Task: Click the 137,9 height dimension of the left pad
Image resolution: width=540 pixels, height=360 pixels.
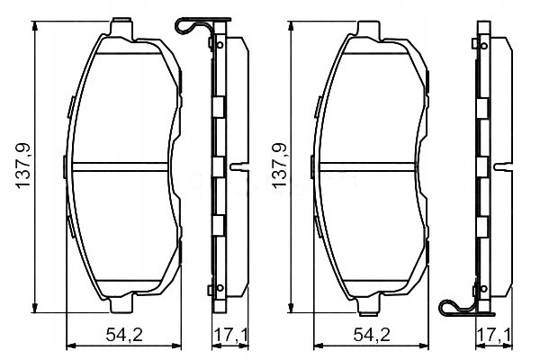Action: point(23,166)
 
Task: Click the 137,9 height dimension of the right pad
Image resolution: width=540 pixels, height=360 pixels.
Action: point(279,166)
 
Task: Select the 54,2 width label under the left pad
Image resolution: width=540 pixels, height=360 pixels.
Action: point(124,335)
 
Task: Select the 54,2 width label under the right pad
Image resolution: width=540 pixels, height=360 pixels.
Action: point(372,335)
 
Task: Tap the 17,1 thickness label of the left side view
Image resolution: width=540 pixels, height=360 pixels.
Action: point(231,335)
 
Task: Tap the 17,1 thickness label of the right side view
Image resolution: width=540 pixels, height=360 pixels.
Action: point(495,335)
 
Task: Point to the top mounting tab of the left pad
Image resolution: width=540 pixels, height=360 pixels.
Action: point(121,28)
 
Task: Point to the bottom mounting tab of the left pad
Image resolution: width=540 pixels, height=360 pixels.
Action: point(121,303)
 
